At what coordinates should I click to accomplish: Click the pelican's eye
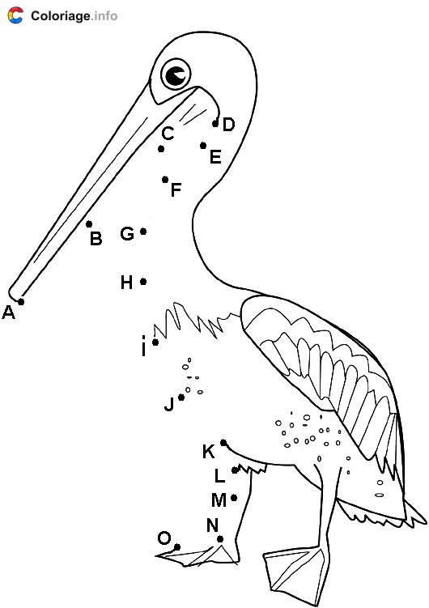click(176, 74)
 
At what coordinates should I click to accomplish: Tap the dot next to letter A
click(21, 301)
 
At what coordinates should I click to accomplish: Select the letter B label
click(96, 239)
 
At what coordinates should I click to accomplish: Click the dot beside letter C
click(161, 149)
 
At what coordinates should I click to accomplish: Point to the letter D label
click(228, 125)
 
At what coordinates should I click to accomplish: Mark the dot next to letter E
click(202, 146)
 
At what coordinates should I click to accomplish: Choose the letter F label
click(176, 190)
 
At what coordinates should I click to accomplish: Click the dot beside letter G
click(143, 232)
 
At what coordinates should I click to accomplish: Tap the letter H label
click(127, 283)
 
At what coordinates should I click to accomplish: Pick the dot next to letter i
click(155, 342)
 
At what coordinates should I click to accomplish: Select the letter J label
click(169, 404)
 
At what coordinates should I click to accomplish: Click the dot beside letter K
click(223, 442)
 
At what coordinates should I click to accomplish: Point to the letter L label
click(219, 476)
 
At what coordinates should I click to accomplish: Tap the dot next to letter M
click(234, 498)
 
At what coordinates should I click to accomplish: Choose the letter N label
click(212, 525)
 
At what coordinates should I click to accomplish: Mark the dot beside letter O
click(176, 547)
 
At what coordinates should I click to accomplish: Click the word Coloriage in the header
click(60, 16)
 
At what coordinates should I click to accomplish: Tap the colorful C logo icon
click(15, 15)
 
